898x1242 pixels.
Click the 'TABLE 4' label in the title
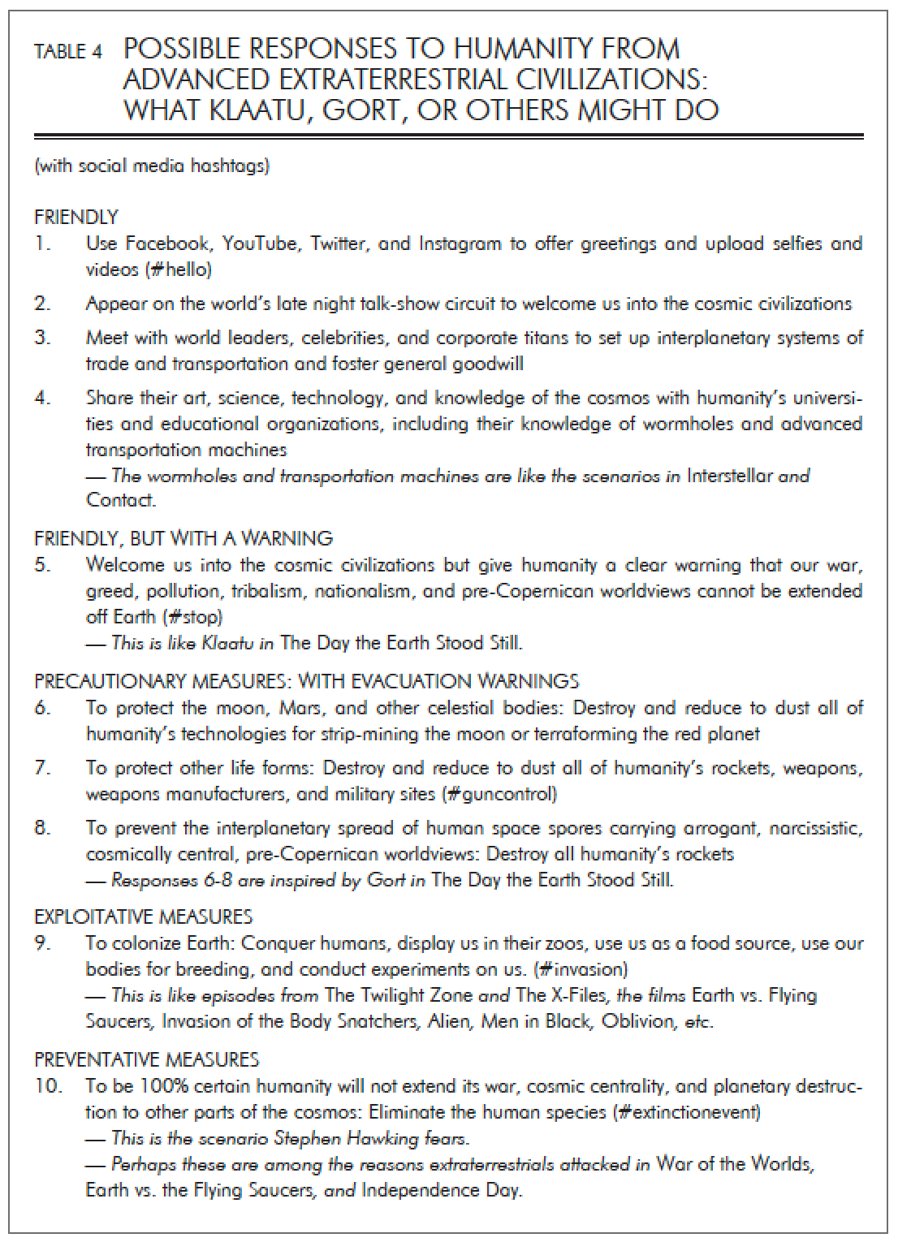[x=68, y=53]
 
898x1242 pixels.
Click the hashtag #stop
[x=194, y=617]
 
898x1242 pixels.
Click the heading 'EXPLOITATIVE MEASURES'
[x=143, y=917]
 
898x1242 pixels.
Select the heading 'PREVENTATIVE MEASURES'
[x=146, y=1059]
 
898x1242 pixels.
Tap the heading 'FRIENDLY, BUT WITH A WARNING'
[x=183, y=538]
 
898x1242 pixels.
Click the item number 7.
[x=42, y=768]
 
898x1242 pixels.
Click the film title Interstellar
[x=729, y=477]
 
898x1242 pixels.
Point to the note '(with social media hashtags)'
[x=152, y=167]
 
